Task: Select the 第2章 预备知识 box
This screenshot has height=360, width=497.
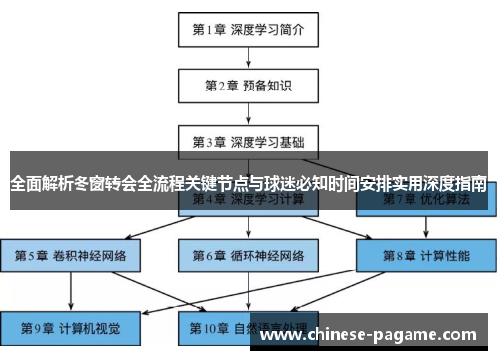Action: point(248,86)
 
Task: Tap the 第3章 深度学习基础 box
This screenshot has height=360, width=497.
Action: point(248,141)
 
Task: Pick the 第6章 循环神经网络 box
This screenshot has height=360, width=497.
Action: point(248,255)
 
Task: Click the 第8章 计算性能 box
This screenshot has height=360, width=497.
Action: point(425,255)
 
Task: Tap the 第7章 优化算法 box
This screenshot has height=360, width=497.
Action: point(425,199)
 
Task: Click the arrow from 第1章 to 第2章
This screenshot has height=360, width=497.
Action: point(248,57)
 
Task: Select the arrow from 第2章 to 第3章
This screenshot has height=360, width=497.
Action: point(248,113)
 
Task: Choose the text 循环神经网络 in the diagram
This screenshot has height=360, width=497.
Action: point(268,255)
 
